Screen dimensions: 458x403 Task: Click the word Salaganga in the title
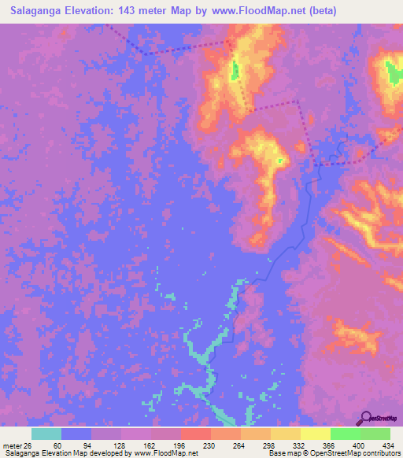pos(36,11)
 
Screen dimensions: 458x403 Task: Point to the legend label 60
pos(57,445)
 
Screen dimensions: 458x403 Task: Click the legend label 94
pos(87,445)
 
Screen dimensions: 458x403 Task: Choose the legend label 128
pos(117,445)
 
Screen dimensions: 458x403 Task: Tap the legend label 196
pos(177,445)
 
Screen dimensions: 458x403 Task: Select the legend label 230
pos(207,445)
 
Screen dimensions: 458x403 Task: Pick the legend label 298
pos(267,445)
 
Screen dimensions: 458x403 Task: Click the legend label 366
pos(327,445)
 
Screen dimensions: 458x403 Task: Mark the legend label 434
pos(386,445)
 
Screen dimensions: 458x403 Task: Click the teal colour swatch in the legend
pos(46,434)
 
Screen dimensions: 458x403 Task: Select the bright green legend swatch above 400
pos(345,434)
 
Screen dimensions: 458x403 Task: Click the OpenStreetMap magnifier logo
pos(366,419)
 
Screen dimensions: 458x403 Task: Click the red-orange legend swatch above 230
pos(195,434)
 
